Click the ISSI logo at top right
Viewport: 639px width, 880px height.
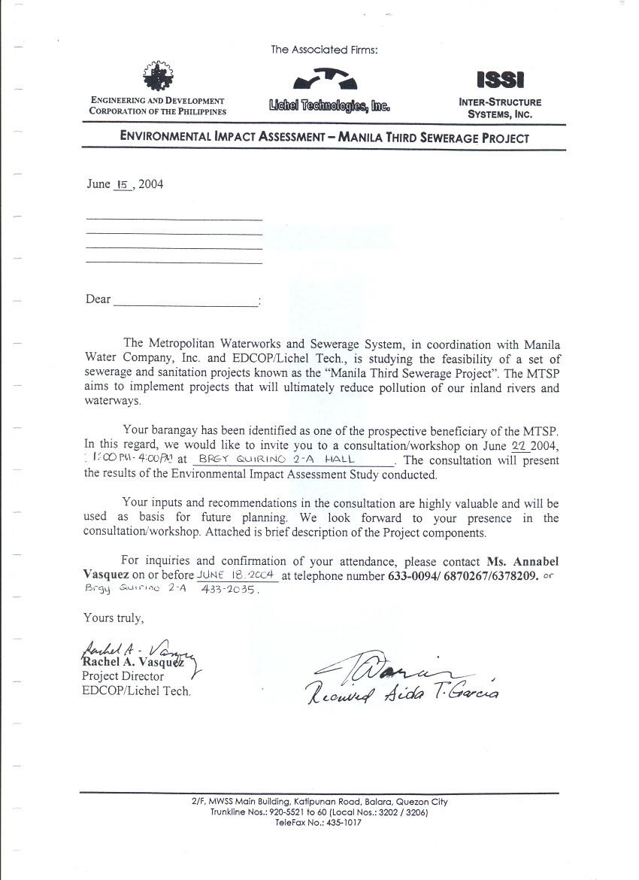(x=500, y=80)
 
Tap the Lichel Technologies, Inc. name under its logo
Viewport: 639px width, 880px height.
(x=329, y=106)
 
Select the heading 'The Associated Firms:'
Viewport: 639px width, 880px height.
(x=324, y=50)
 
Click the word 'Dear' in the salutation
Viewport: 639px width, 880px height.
(x=98, y=299)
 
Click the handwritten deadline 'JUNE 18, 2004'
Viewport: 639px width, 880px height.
(x=238, y=575)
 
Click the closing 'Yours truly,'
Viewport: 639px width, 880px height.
(x=113, y=618)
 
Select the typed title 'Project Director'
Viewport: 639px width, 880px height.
(x=123, y=676)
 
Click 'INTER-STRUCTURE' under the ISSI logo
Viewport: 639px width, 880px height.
(x=500, y=102)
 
